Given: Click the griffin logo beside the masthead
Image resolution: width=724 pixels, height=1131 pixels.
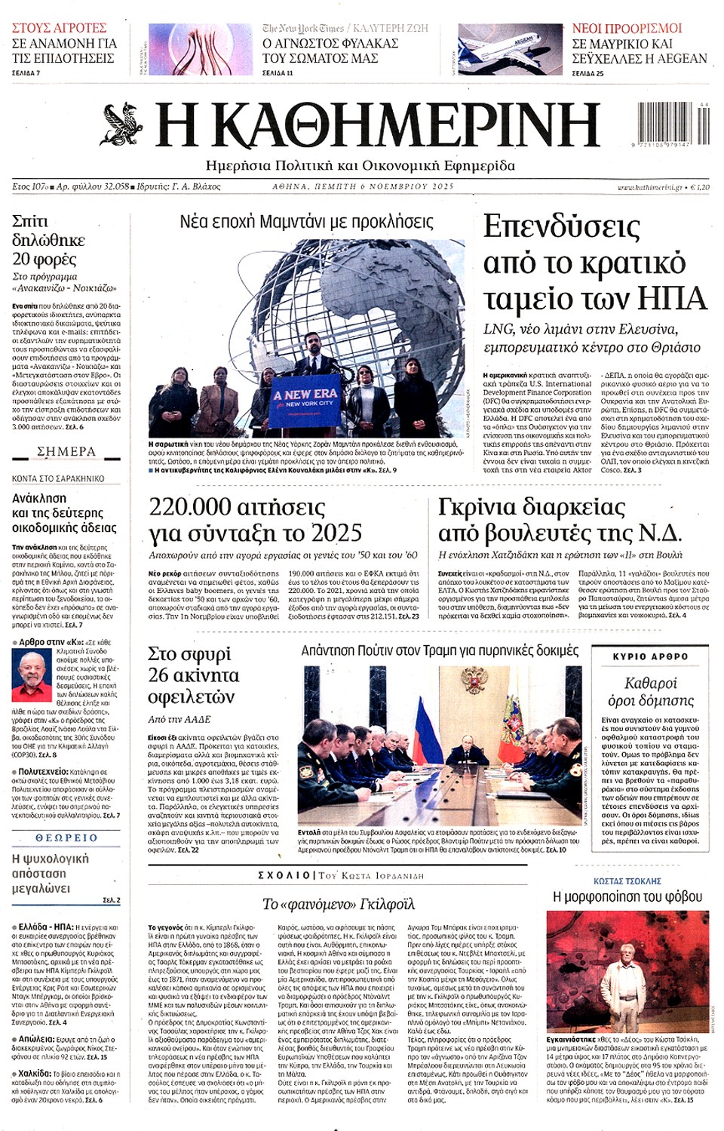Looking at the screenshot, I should point(122,124).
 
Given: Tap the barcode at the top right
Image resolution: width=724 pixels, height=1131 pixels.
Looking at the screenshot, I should point(673,121).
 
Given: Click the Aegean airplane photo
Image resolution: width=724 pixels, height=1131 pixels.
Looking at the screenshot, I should point(510,48).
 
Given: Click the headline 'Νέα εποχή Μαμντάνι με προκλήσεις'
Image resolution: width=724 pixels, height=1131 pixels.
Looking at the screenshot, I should point(306,222).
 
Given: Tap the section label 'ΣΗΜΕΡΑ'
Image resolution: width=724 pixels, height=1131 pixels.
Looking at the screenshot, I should point(66,451).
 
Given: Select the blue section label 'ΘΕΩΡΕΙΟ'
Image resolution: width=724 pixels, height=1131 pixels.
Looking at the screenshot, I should point(66,837).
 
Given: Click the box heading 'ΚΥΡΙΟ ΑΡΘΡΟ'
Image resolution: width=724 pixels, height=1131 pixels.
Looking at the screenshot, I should point(650,656).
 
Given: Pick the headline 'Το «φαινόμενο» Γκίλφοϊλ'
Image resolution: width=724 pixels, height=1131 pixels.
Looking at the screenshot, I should point(339,904).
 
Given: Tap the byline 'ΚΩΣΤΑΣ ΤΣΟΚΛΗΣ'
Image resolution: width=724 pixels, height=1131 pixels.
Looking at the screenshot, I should point(627,881).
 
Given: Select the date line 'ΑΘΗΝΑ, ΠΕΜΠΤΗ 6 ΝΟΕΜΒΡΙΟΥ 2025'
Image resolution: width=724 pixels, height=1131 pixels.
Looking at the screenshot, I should point(363,186).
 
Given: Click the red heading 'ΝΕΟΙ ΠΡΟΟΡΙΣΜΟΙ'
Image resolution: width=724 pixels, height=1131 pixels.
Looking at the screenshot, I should point(627,28).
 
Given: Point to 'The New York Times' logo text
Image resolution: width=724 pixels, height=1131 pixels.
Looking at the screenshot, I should point(303,28).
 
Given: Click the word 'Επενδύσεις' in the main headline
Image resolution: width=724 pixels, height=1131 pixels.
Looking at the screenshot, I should point(561,226).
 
